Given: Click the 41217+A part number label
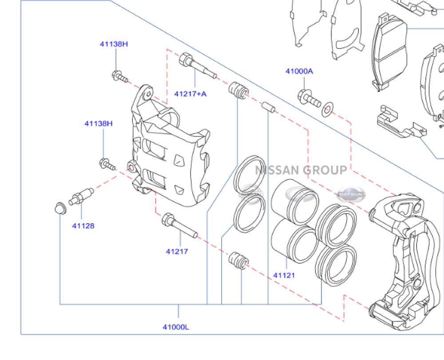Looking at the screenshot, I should coord(190,94).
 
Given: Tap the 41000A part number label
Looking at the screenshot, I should coord(299,71).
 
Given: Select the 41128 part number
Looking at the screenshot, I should coord(83,225).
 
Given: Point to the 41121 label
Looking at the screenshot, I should coord(284,275).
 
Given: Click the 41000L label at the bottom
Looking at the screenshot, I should coord(176,327).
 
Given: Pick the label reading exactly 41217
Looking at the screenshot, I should coord(177,251).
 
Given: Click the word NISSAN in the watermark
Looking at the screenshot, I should coord(277,170).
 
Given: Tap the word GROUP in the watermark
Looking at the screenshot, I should coord(325,170).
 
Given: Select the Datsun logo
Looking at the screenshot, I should coord(351,194).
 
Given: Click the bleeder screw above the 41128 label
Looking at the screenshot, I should coord(81,196).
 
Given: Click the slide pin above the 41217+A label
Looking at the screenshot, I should coord(196,66).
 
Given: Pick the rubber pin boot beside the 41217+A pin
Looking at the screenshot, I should coord(238,91).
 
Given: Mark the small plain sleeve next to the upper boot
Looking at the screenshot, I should coord(267,107).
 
